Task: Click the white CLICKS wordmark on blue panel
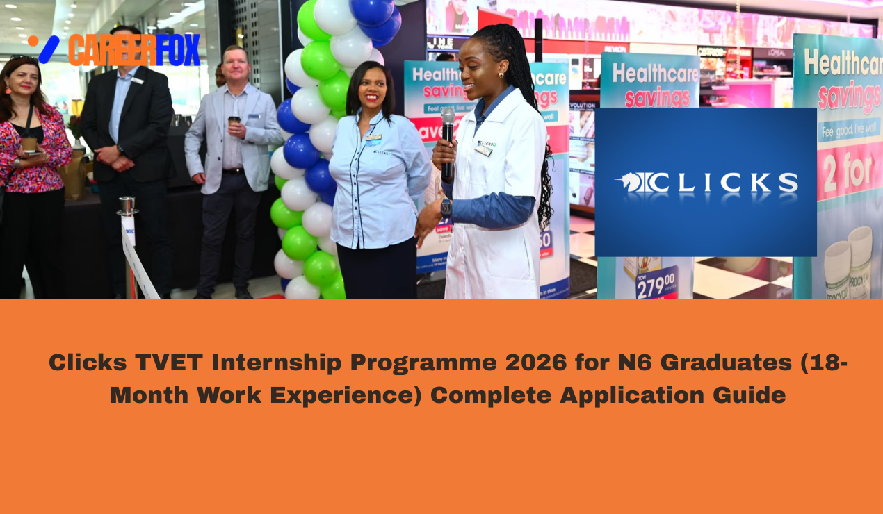(x=706, y=183)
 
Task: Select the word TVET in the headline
(x=170, y=363)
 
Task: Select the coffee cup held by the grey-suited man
(x=234, y=123)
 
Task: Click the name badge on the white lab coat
(x=484, y=149)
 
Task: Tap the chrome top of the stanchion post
(x=127, y=203)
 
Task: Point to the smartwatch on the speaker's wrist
(x=446, y=206)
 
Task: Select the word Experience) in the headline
(x=353, y=395)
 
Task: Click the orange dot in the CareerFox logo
(x=33, y=40)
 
